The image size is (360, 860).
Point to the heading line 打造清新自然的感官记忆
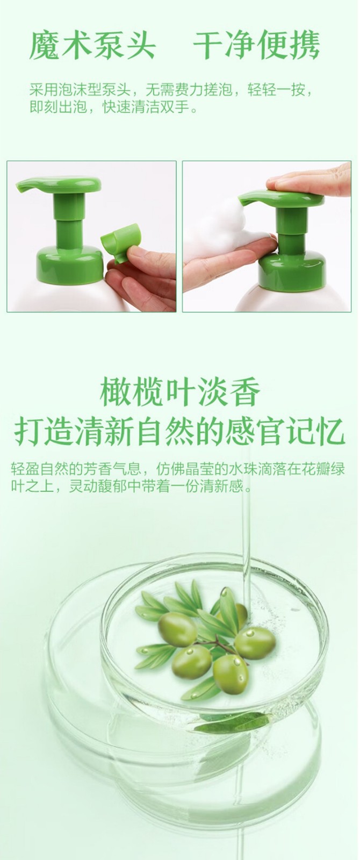coord(179,433)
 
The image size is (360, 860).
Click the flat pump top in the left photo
coord(60,184)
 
